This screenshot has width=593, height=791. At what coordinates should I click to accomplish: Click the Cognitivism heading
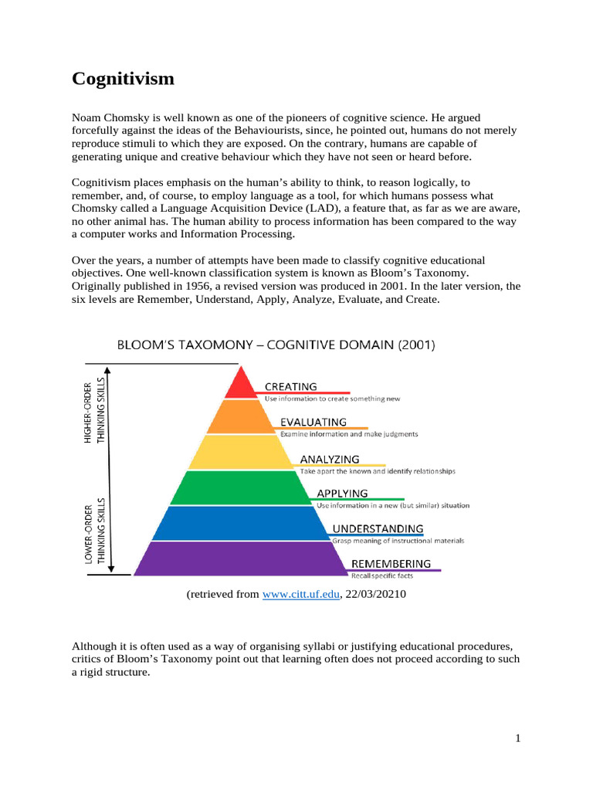click(123, 79)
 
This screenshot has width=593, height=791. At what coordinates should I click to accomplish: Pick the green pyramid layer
click(240, 488)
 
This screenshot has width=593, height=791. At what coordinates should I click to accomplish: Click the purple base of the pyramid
click(240, 558)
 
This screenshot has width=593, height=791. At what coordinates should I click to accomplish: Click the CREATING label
click(291, 386)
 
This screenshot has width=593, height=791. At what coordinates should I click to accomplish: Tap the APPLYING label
click(343, 493)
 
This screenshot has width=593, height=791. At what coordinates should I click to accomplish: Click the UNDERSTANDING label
click(378, 528)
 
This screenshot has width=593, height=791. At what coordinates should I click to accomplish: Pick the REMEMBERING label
click(391, 563)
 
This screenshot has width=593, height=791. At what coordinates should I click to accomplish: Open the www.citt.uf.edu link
click(301, 595)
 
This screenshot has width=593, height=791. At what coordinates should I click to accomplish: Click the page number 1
click(519, 738)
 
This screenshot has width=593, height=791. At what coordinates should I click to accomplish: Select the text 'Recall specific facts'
click(382, 576)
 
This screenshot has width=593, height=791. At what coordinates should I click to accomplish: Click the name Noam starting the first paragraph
click(87, 117)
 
